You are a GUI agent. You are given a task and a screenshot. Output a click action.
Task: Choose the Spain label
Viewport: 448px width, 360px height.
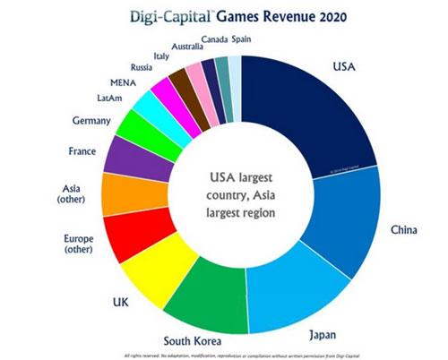[242, 39]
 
